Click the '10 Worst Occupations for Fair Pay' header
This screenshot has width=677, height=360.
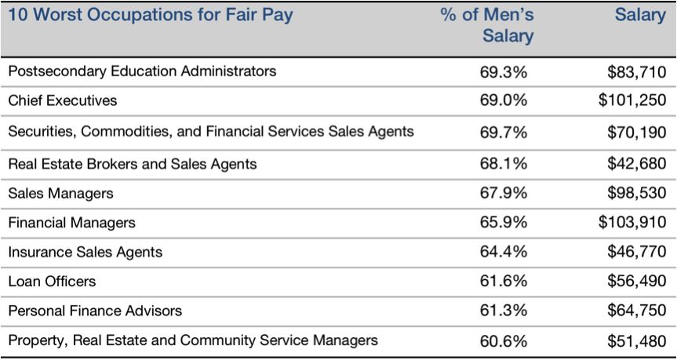[x=150, y=16]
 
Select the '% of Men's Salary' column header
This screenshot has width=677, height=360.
[x=487, y=26]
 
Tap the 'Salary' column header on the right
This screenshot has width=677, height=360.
[x=640, y=16]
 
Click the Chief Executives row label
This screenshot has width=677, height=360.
[x=63, y=100]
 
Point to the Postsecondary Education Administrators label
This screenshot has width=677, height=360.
[x=142, y=71]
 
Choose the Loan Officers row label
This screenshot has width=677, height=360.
[x=52, y=281]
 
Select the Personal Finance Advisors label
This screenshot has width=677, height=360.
[x=95, y=311]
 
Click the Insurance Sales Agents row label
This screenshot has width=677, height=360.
[x=86, y=252]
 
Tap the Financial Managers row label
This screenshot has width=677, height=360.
[x=71, y=223]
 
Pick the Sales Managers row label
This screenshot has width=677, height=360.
[x=60, y=193]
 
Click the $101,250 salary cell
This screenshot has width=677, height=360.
[x=632, y=100]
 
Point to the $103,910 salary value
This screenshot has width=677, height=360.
[x=632, y=223]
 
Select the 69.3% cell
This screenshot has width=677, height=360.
[x=504, y=72]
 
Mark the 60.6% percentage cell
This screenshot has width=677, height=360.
[x=504, y=340]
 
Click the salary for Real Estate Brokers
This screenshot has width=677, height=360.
[x=637, y=164]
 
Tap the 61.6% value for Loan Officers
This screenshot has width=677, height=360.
[x=504, y=282]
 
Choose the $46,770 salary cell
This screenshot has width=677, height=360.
[x=637, y=252]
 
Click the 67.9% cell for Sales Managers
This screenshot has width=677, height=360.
[x=504, y=193]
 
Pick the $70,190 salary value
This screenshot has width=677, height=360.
[x=637, y=131]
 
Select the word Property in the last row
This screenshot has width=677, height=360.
[x=33, y=340]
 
